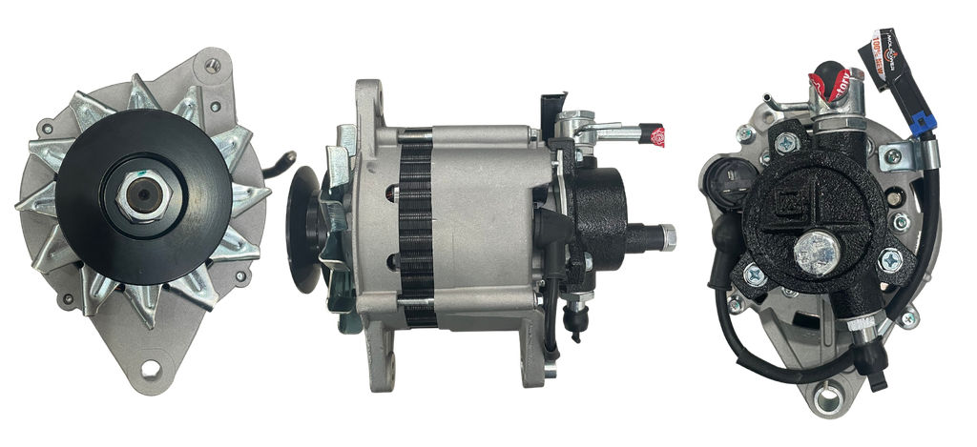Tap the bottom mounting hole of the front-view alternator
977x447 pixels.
click(150, 367)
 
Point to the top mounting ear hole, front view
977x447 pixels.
click(211, 64)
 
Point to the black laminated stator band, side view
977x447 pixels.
click(417, 229)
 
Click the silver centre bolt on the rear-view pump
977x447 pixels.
click(816, 252)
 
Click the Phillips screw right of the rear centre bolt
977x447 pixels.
click(892, 259)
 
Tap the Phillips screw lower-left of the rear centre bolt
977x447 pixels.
click(753, 274)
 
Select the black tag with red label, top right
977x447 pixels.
click(880, 59)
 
